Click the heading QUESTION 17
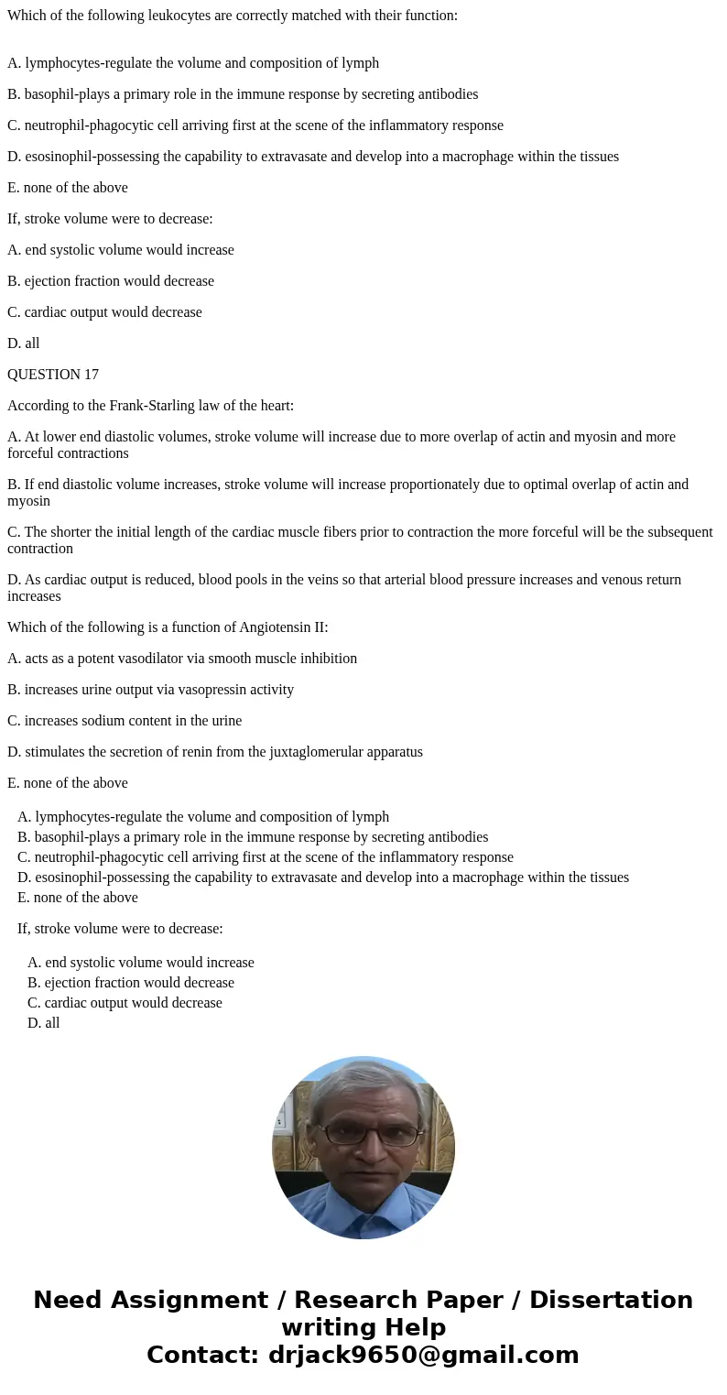coord(53,375)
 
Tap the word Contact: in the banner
coord(204,1355)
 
